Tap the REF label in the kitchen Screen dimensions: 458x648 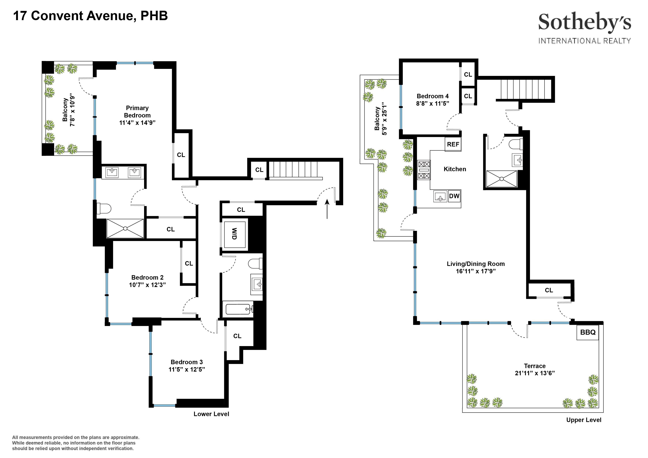coord(453,144)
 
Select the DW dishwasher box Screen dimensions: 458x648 coord(454,196)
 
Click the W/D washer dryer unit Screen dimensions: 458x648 coord(235,234)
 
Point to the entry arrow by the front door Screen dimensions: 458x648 coord(327,209)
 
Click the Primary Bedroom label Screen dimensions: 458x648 coord(137,112)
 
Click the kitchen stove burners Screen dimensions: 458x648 coord(424,170)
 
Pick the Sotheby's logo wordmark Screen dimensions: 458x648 coord(584,23)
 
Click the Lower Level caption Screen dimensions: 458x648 coord(211,414)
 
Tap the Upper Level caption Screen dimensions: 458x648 coord(584,420)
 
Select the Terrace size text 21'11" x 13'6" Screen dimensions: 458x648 coord(535,373)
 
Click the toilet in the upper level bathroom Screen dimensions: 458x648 coord(515,145)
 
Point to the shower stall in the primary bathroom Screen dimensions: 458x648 coord(125,228)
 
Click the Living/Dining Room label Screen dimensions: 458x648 coord(475,264)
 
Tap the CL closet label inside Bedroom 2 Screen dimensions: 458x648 coord(189,263)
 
